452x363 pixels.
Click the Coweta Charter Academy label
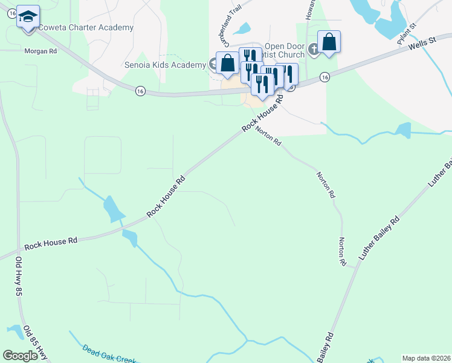[x=86, y=28]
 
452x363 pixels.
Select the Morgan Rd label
[x=40, y=51]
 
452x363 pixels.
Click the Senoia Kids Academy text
[x=166, y=65]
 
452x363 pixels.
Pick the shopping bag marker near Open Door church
[x=329, y=42]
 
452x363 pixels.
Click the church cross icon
[x=313, y=48]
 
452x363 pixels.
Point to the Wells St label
[x=422, y=44]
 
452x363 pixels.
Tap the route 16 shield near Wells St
[x=325, y=77]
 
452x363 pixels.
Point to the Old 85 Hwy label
[x=35, y=342]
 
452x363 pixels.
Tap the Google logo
[x=20, y=356]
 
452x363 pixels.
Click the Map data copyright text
[x=427, y=358]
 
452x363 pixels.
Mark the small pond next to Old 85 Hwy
[x=13, y=330]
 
